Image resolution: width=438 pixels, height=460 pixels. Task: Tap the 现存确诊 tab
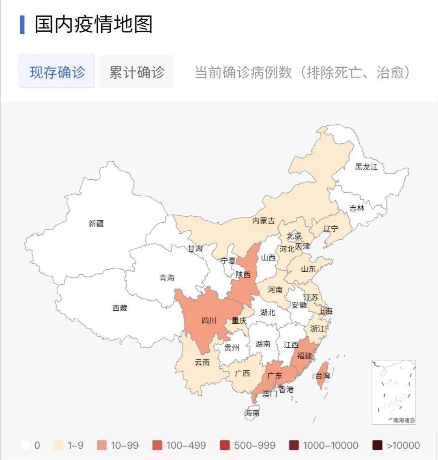pyautogui.click(x=57, y=72)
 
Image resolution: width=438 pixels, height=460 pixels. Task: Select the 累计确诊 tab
pyautogui.click(x=137, y=72)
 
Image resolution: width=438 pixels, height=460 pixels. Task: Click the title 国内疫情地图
pyautogui.click(x=93, y=24)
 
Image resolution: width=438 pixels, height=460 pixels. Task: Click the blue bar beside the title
pyautogui.click(x=22, y=25)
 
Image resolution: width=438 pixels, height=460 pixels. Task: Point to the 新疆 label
pyautogui.click(x=96, y=223)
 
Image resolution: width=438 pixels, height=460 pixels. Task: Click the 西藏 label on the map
pyautogui.click(x=120, y=308)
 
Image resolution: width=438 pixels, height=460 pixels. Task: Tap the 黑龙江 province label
pyautogui.click(x=366, y=167)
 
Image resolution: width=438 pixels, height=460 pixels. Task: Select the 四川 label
pyautogui.click(x=209, y=320)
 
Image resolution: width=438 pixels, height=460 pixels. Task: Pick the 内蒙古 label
pyautogui.click(x=263, y=221)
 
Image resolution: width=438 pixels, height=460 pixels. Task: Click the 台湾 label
pyautogui.click(x=323, y=375)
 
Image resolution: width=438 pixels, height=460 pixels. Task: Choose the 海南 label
pyautogui.click(x=252, y=413)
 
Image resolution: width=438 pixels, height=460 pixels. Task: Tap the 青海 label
pyautogui.click(x=167, y=278)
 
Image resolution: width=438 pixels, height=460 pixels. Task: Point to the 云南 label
pyautogui.click(x=202, y=362)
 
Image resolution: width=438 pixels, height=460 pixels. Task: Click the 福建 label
pyautogui.click(x=304, y=355)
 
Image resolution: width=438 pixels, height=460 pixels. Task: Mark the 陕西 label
pyautogui.click(x=243, y=275)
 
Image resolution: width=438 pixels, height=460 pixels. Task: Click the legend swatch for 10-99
pyautogui.click(x=102, y=445)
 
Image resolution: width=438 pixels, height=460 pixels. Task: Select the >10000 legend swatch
pyautogui.click(x=378, y=445)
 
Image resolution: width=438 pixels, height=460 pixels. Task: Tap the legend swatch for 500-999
pyautogui.click(x=225, y=445)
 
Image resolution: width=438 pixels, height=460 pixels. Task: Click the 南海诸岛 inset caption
pyautogui.click(x=404, y=420)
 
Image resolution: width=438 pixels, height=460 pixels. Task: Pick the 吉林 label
pyautogui.click(x=357, y=208)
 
